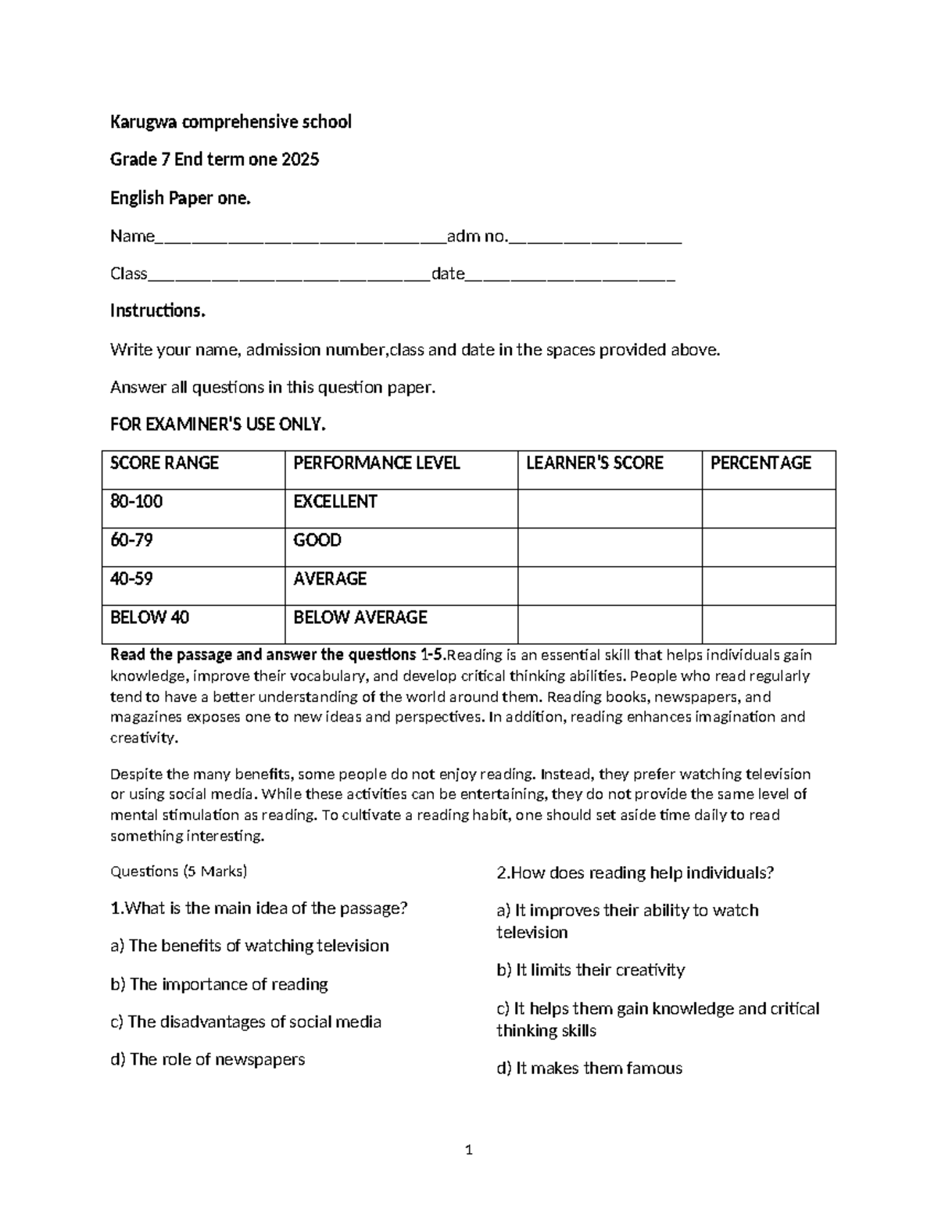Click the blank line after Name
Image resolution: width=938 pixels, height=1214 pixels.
coord(300,238)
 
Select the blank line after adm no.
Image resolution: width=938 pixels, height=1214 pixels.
coord(596,238)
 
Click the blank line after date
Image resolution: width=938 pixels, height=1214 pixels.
coord(570,275)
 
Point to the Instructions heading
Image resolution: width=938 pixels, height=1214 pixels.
coord(157,311)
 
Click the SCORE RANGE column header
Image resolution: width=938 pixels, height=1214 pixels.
coord(164,464)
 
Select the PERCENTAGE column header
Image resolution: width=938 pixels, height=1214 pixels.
coord(761,464)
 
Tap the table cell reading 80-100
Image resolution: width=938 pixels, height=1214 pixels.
coord(137,502)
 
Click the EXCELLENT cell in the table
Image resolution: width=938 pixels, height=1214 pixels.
coord(335,502)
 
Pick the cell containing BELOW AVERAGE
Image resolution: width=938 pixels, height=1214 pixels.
coord(360,618)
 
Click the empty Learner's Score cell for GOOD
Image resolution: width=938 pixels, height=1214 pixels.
coord(609,547)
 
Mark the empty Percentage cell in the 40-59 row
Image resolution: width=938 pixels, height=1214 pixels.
coord(768,586)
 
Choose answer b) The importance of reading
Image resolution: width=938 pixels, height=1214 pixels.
coord(219,984)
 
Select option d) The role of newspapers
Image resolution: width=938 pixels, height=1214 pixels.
coord(207,1060)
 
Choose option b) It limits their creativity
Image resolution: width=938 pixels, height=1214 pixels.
coord(590,970)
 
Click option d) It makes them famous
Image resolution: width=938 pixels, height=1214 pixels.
coord(589,1069)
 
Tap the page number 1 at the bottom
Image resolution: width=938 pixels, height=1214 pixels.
coord(469,1150)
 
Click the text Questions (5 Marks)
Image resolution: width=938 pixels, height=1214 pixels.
coord(178,872)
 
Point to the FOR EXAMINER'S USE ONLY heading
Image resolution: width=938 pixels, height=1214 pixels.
coord(217,424)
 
